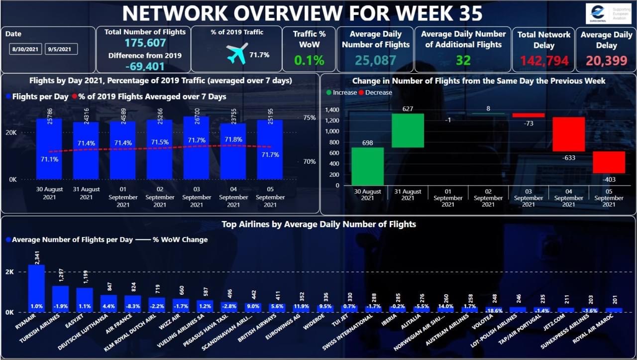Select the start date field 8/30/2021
click(25, 49)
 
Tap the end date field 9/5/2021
click(61, 49)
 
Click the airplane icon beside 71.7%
click(237, 54)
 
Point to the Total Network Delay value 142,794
click(543, 61)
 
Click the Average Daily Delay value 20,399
click(606, 61)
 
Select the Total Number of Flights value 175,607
click(145, 43)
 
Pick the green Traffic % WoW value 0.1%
click(309, 61)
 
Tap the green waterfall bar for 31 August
click(408, 130)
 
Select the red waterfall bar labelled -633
click(569, 134)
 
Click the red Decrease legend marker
click(362, 93)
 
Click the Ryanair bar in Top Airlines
click(36, 288)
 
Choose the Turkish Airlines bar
click(60, 299)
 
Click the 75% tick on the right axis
click(309, 118)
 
